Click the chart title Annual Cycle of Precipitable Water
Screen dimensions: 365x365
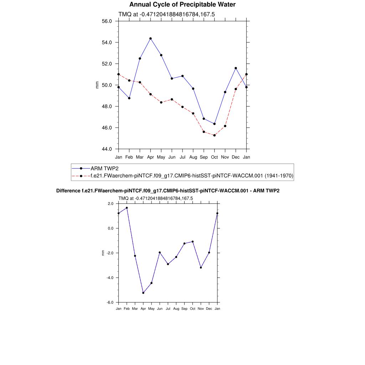(182, 5)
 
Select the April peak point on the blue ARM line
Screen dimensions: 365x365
(150, 38)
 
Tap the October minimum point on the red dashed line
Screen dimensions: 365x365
(214, 135)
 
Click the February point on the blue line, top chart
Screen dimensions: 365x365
(129, 98)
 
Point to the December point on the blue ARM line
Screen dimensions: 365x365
(236, 68)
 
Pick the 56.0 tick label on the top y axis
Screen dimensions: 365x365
(107, 21)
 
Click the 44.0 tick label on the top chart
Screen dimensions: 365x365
(107, 149)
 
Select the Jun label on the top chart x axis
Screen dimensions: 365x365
(172, 157)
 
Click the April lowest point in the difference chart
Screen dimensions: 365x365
(143, 293)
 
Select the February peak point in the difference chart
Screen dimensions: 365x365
(127, 208)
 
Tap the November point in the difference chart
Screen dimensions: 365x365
(201, 267)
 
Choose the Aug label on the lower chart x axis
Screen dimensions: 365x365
(176, 309)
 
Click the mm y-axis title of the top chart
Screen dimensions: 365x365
(97, 85)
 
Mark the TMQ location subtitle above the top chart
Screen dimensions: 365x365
(166, 14)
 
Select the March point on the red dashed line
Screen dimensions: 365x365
(140, 82)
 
